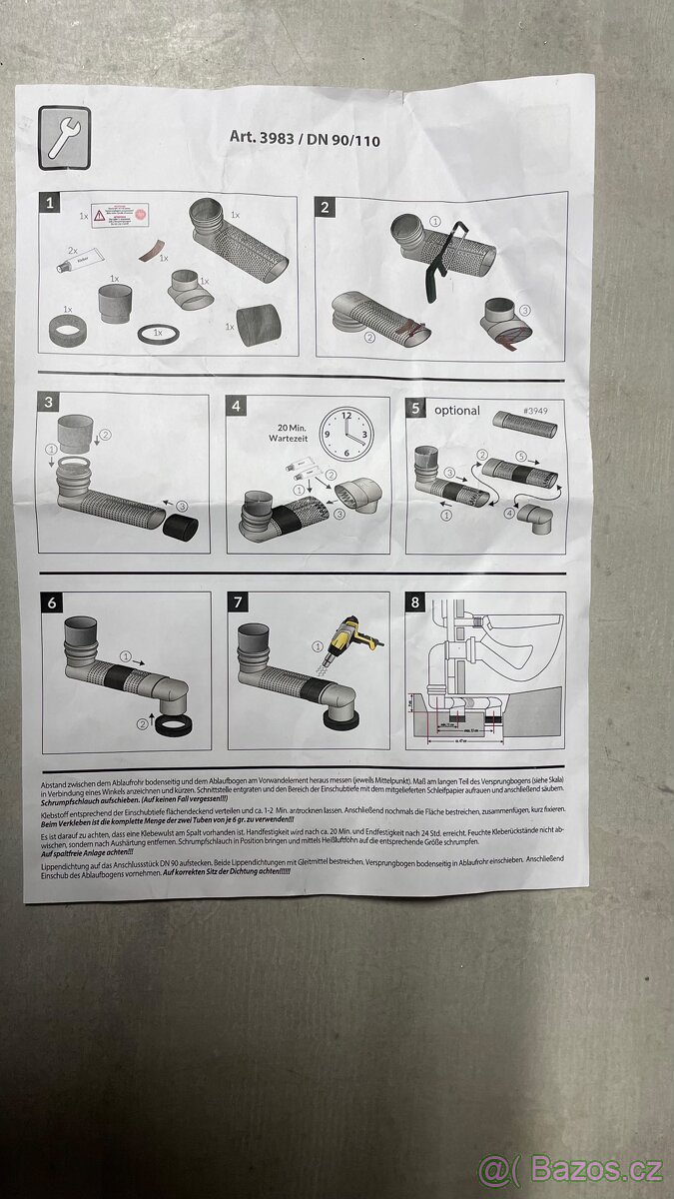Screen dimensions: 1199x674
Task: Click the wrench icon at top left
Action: (64, 137)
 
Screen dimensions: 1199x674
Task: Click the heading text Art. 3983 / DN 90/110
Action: (306, 140)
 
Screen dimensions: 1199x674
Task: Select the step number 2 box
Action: (327, 207)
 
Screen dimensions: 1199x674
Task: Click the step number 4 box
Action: (237, 407)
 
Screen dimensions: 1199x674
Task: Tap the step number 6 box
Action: (52, 602)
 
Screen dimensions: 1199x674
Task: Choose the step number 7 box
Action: (238, 602)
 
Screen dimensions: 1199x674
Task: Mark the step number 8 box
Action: (416, 602)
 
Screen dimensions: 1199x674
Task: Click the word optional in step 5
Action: (456, 410)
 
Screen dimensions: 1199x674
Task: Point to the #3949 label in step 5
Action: (539, 411)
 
